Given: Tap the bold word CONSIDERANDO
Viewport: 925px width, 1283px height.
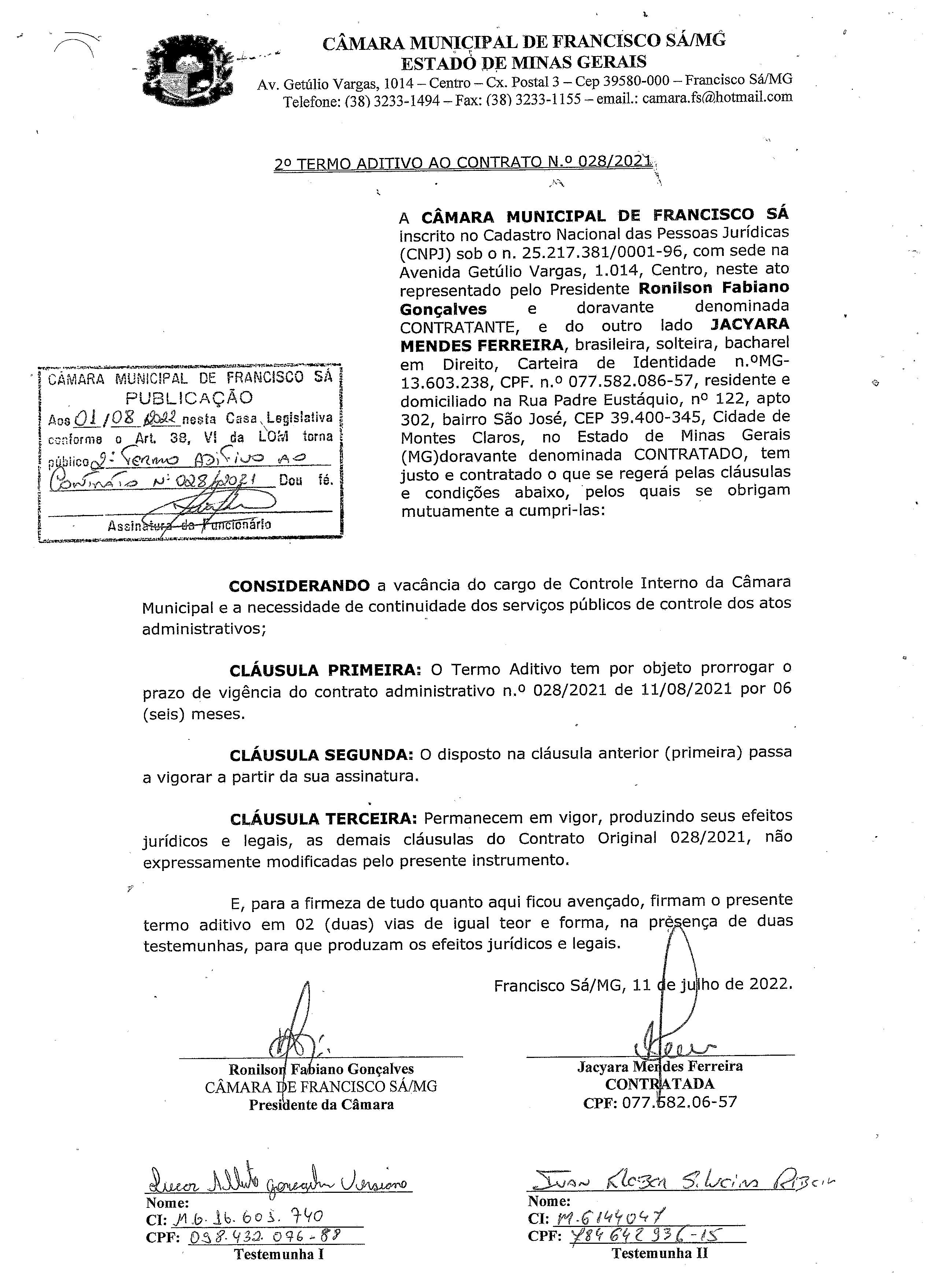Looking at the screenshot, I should tap(299, 585).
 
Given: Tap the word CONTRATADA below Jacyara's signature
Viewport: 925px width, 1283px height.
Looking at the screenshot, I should tap(659, 1084).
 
